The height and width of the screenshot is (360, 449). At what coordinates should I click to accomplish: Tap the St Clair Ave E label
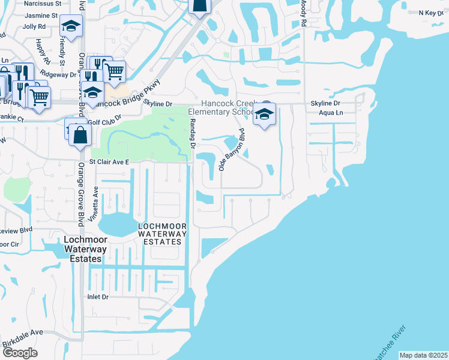pyautogui.click(x=109, y=162)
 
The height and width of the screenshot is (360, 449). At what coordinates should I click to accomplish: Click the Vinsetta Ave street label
pyautogui.click(x=95, y=204)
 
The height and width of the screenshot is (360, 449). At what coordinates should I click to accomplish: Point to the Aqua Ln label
pyautogui.click(x=331, y=113)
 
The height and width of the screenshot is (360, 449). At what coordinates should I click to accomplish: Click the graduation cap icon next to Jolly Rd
pyautogui.click(x=71, y=26)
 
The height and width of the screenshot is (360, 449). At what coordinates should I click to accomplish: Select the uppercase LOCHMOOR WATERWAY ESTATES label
pyautogui.click(x=160, y=234)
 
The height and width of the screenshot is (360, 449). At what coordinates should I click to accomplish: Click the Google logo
pyautogui.click(x=20, y=352)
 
